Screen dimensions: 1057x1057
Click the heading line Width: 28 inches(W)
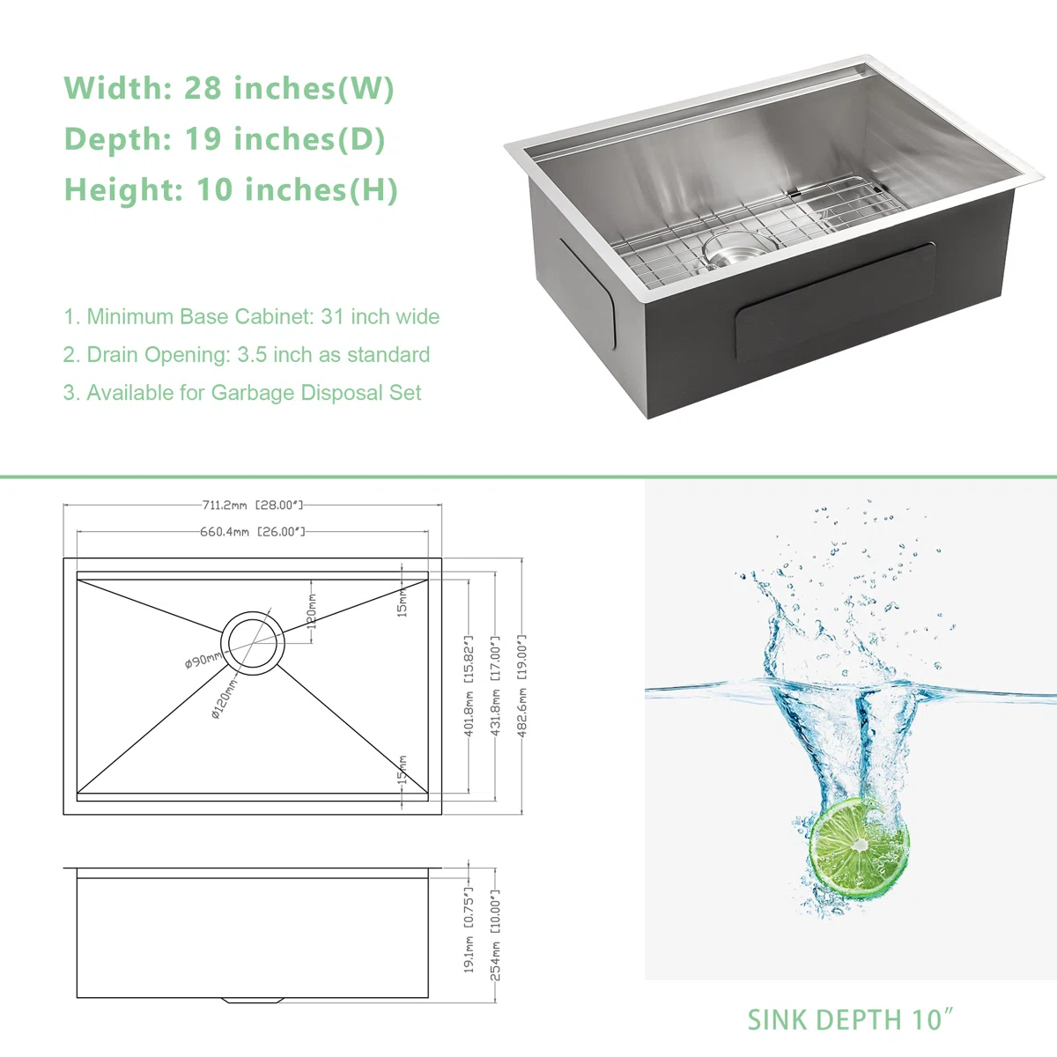pos(229,88)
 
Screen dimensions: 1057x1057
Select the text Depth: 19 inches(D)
pos(225,138)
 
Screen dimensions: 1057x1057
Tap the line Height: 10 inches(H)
pos(231,189)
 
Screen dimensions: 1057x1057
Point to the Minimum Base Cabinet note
pos(252,316)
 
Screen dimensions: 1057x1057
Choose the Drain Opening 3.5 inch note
pos(247,355)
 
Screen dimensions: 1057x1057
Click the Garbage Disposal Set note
pos(242,393)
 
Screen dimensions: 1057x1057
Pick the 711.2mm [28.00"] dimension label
pos(252,506)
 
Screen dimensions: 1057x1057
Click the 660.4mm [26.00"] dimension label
pos(252,531)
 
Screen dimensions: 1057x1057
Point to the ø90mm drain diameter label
pos(203,660)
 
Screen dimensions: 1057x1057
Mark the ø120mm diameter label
pos(225,699)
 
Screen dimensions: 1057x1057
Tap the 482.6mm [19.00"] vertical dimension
pos(521,685)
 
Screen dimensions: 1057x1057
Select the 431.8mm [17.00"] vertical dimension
pos(495,685)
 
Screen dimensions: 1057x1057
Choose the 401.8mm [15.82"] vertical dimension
pos(469,685)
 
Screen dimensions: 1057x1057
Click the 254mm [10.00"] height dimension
pos(495,935)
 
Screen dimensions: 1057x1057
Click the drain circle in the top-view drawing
pos(253,643)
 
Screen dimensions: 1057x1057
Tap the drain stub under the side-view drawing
pos(253,1001)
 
